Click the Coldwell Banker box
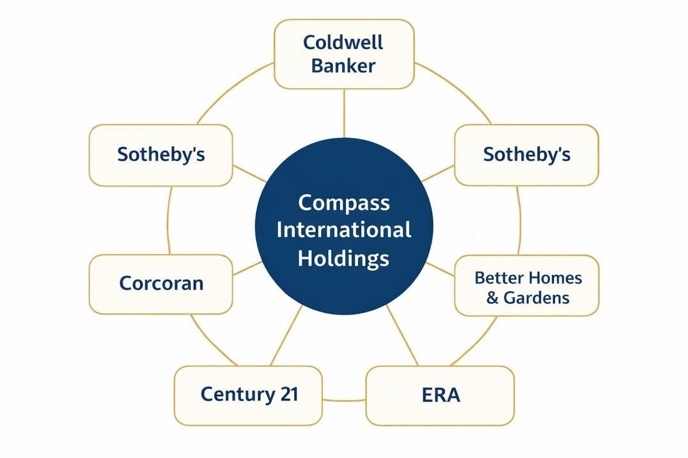[344, 54]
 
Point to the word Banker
[343, 65]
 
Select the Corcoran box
[160, 284]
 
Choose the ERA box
[440, 395]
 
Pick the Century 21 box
[248, 395]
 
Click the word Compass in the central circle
[344, 202]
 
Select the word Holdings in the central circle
[344, 258]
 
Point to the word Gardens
[536, 297]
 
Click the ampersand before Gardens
[492, 298]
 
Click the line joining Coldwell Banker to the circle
[344, 113]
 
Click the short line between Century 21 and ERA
[344, 400]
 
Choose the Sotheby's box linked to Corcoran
[160, 155]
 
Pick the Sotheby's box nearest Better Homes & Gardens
[527, 155]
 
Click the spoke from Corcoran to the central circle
[247, 268]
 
